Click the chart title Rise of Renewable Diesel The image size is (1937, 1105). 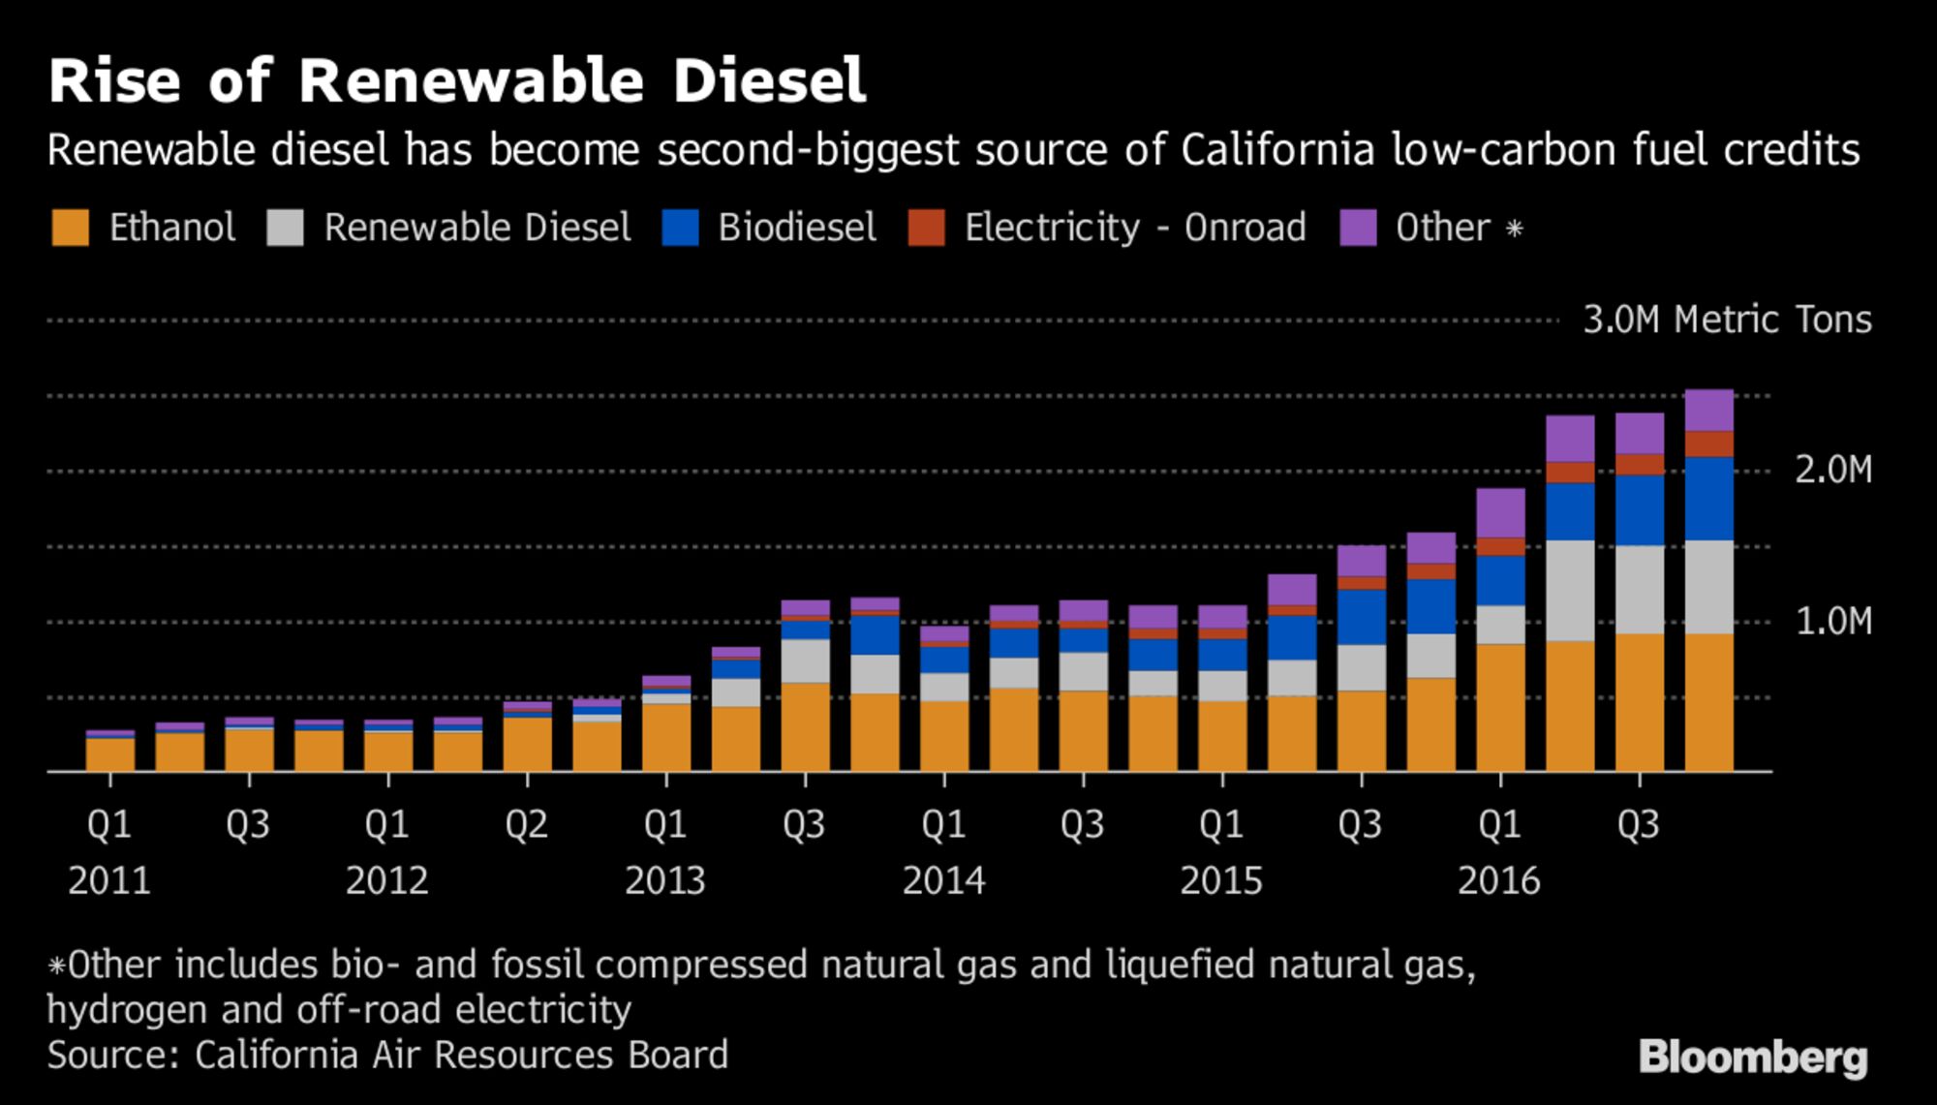(x=456, y=80)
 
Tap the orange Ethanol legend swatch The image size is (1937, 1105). (x=70, y=229)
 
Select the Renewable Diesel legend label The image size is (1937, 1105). (x=477, y=229)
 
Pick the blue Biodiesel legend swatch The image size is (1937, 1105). (x=680, y=229)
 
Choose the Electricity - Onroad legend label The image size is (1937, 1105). (x=1135, y=229)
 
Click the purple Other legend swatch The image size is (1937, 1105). (x=1358, y=229)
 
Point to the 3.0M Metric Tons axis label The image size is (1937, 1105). (x=1727, y=320)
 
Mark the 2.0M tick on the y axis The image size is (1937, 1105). (x=1833, y=471)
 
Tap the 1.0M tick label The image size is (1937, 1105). (x=1833, y=622)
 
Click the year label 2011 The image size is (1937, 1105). (x=109, y=881)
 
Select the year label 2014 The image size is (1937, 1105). (x=943, y=881)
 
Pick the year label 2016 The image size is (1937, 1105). (x=1499, y=881)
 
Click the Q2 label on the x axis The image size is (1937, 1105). (x=526, y=825)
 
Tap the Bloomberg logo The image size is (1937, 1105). (x=1753, y=1058)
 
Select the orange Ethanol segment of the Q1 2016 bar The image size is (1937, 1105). (x=1500, y=707)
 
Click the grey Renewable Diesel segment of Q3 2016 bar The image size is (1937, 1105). (x=1640, y=590)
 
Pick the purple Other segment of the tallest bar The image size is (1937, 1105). (x=1709, y=410)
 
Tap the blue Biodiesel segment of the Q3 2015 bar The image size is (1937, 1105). (x=1362, y=617)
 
